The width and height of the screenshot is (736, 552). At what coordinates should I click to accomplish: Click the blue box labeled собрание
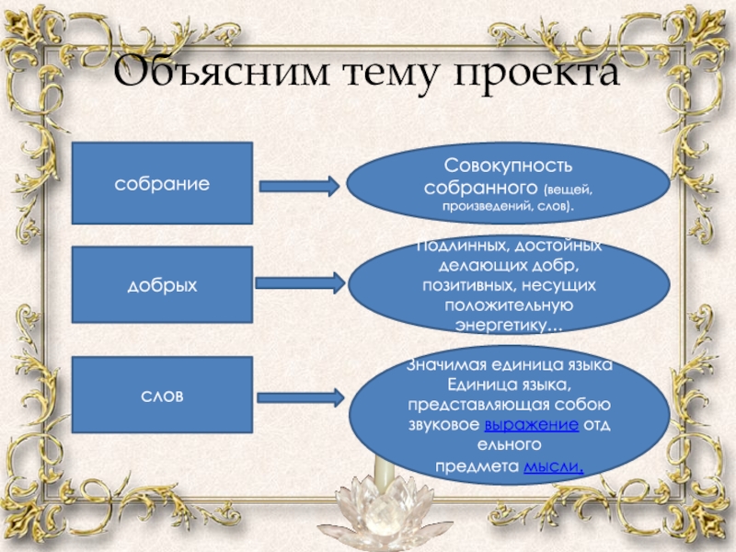point(162,184)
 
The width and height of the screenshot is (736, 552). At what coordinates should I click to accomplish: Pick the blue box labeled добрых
point(162,287)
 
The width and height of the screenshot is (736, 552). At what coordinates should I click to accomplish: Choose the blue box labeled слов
point(162,396)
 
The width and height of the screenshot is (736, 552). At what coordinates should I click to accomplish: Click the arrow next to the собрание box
point(301,186)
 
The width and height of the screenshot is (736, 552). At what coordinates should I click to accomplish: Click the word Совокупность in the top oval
point(508,167)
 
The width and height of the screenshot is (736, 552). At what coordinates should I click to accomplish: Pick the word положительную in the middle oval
point(508,305)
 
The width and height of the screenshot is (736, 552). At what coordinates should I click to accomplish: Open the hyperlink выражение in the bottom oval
point(531,425)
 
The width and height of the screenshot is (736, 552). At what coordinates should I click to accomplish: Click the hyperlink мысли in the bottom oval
point(554,466)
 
